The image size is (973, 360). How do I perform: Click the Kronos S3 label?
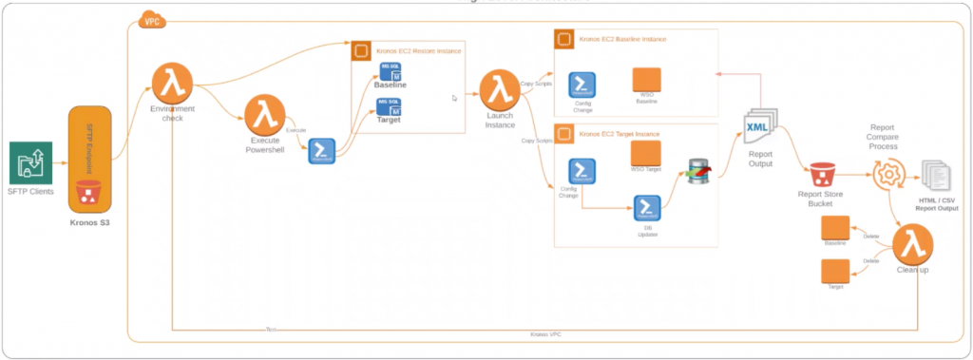pos(91,224)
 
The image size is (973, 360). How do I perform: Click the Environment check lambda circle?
pos(172,85)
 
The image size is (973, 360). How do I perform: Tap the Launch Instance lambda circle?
pos(497,90)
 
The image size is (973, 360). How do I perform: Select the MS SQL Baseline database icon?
pos(390,71)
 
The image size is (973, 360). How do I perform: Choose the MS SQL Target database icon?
pos(390,105)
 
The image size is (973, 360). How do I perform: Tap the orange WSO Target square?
pos(645,153)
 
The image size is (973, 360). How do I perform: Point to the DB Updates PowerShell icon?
pos(648,207)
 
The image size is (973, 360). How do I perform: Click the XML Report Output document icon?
pos(760,128)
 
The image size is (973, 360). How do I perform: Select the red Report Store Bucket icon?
pos(822,175)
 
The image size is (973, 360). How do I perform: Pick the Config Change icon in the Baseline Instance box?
pos(582,85)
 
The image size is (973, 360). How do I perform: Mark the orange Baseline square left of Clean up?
pos(835,229)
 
